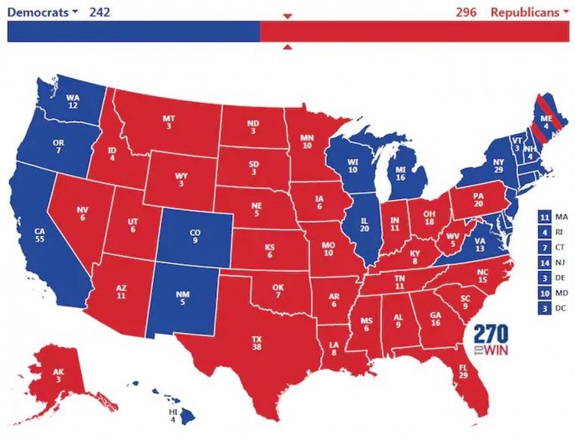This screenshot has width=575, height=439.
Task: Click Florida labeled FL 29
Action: tap(462, 371)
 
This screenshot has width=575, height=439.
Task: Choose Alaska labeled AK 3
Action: tap(59, 375)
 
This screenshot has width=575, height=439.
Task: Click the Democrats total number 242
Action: tap(101, 12)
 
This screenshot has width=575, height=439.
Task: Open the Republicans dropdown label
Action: tap(530, 12)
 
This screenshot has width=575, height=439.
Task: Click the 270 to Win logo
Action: tap(491, 340)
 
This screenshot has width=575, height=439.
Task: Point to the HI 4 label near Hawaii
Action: tap(173, 415)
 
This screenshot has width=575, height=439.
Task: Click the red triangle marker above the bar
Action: tap(287, 16)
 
